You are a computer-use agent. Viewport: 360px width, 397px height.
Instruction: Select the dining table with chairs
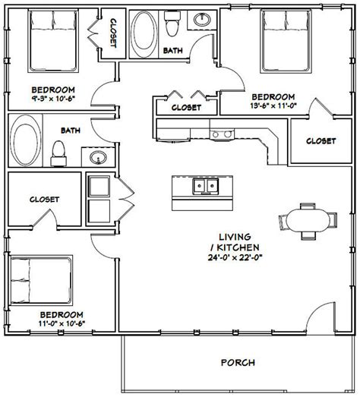click(308, 221)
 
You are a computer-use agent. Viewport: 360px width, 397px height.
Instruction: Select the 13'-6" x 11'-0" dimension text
click(273, 108)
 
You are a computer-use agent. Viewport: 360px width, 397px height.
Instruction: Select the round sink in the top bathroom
click(202, 19)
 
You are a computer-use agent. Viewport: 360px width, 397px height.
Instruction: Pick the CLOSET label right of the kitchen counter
click(321, 141)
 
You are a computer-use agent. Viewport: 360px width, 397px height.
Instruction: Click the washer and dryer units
click(99, 197)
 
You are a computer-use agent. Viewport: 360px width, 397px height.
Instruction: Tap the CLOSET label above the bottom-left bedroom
click(44, 200)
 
